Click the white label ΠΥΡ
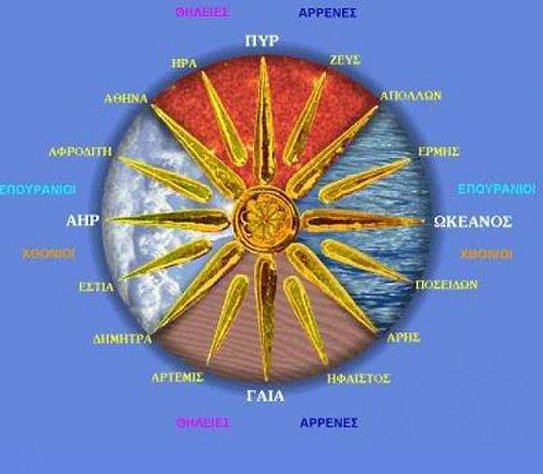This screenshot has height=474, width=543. coord(264,41)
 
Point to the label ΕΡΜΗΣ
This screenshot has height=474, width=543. coord(440,153)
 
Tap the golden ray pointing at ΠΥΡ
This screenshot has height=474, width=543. coord(264,126)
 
